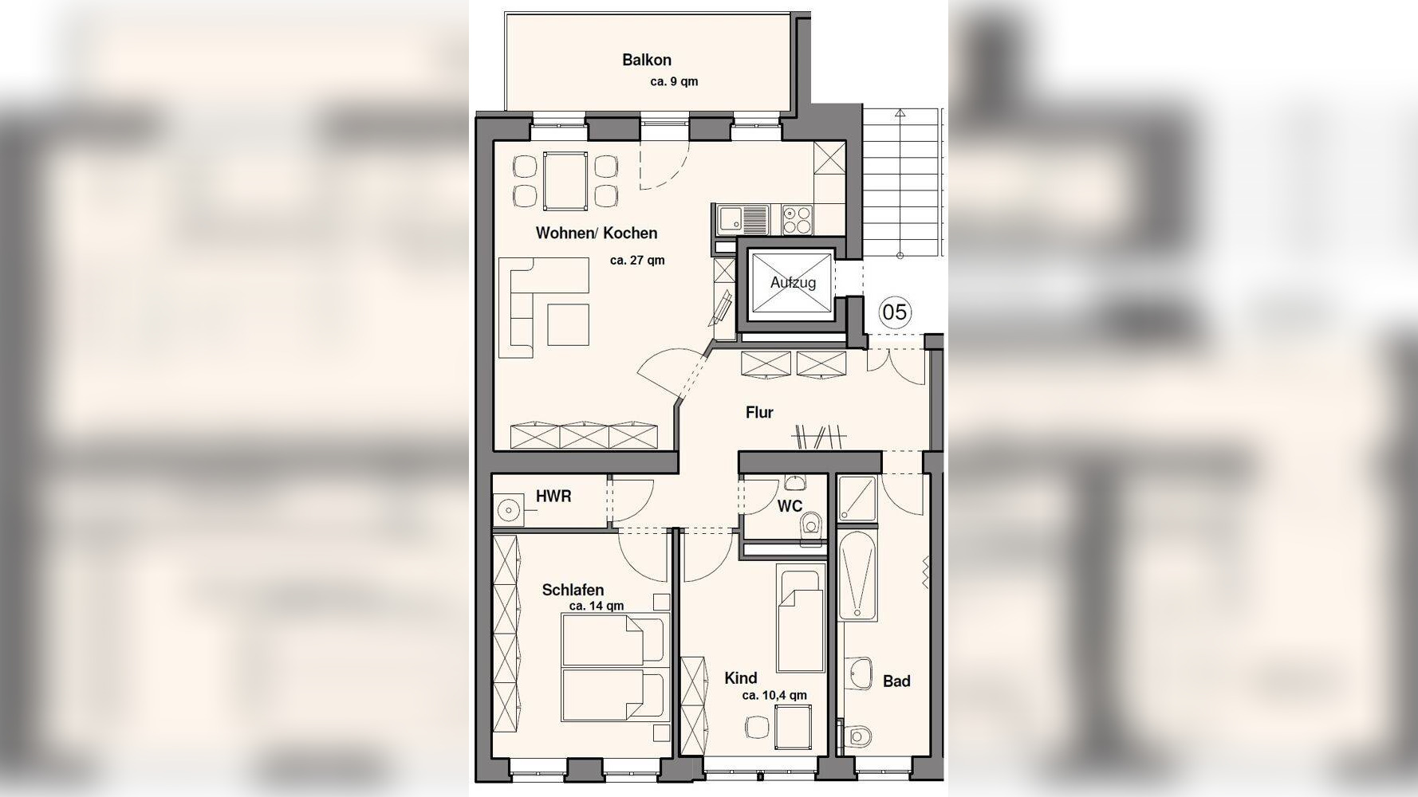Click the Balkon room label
647,60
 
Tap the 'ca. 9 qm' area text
674,81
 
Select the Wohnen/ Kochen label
597,234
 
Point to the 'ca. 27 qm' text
637,261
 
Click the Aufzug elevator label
793,283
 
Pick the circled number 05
895,312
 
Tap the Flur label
759,413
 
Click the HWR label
553,497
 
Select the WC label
790,507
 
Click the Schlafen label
573,591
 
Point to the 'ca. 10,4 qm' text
774,696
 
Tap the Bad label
896,681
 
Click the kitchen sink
742,219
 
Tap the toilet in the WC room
812,527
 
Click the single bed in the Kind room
801,621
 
